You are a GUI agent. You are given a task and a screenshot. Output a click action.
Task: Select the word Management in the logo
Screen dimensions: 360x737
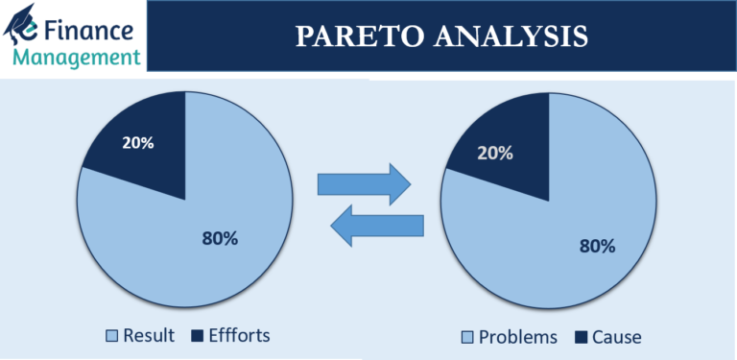point(77,57)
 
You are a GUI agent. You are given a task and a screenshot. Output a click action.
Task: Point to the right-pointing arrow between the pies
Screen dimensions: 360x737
point(364,182)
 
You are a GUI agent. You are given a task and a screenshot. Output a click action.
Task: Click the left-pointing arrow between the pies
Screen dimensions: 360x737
point(376,227)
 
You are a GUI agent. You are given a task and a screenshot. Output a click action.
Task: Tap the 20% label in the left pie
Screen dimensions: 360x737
point(137,143)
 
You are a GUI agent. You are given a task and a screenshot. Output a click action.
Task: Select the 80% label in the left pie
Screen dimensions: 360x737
point(220,238)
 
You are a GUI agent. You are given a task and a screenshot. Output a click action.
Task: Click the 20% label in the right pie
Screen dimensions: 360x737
point(494,152)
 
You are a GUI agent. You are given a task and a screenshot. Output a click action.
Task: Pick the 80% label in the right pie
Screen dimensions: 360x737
point(596,245)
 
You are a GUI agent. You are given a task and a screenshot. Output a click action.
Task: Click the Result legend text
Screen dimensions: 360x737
point(150,335)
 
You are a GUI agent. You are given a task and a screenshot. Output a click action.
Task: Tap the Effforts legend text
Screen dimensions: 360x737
point(238,335)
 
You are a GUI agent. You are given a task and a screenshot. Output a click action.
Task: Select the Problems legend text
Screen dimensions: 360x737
point(518,337)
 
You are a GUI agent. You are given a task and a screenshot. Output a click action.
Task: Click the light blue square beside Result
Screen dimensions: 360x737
point(112,336)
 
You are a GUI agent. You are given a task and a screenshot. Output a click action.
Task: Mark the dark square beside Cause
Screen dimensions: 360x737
point(582,337)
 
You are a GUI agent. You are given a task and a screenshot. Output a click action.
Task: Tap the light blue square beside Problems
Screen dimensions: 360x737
point(467,337)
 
